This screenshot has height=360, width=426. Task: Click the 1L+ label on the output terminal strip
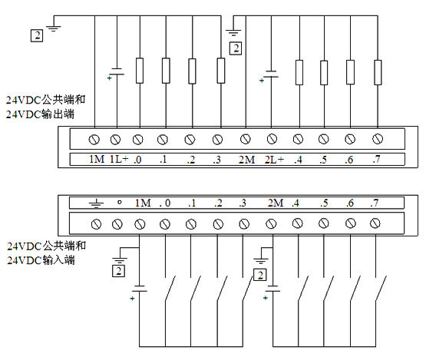click(119, 159)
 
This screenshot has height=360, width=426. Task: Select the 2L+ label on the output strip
click(274, 160)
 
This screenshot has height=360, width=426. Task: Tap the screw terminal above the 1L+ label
click(115, 140)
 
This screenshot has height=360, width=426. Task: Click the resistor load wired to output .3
click(221, 71)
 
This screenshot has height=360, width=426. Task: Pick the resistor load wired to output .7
click(378, 72)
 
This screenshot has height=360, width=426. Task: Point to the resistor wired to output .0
click(140, 71)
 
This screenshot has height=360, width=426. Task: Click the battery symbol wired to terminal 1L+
click(117, 71)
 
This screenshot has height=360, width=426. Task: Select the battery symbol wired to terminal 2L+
click(271, 74)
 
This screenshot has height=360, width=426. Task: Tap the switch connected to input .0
click(170, 288)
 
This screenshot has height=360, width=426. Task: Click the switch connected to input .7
click(381, 288)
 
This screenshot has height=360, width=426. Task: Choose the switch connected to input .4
click(303, 288)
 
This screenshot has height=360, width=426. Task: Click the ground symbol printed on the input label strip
click(96, 203)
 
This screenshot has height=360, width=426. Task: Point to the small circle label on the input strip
click(119, 202)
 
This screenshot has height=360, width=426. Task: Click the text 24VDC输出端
click(40, 114)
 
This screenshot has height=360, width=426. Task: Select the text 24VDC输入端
click(41, 260)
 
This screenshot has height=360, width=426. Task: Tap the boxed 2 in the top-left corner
click(37, 35)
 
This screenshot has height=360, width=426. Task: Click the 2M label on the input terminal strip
click(276, 203)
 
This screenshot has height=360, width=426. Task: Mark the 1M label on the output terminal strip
click(97, 159)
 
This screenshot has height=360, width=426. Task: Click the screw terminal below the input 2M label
click(271, 224)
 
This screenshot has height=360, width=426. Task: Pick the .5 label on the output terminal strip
click(323, 160)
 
